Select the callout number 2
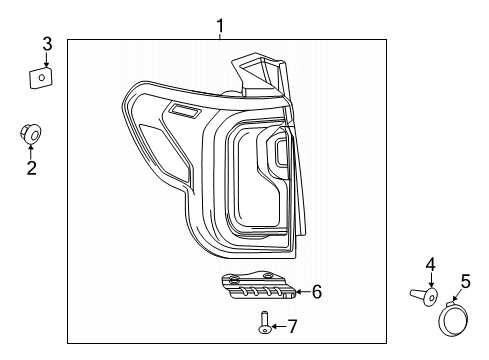coord(31,168)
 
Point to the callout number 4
coord(430,264)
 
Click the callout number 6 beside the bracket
coord(316,292)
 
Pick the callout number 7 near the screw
coord(292,326)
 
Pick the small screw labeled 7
coord(264,323)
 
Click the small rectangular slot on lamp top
coord(184,112)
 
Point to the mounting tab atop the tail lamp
coord(250,70)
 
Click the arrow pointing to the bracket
coord(301,292)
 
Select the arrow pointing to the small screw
coord(277,326)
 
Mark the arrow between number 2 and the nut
coord(31,151)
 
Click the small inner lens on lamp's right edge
coord(281,153)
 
